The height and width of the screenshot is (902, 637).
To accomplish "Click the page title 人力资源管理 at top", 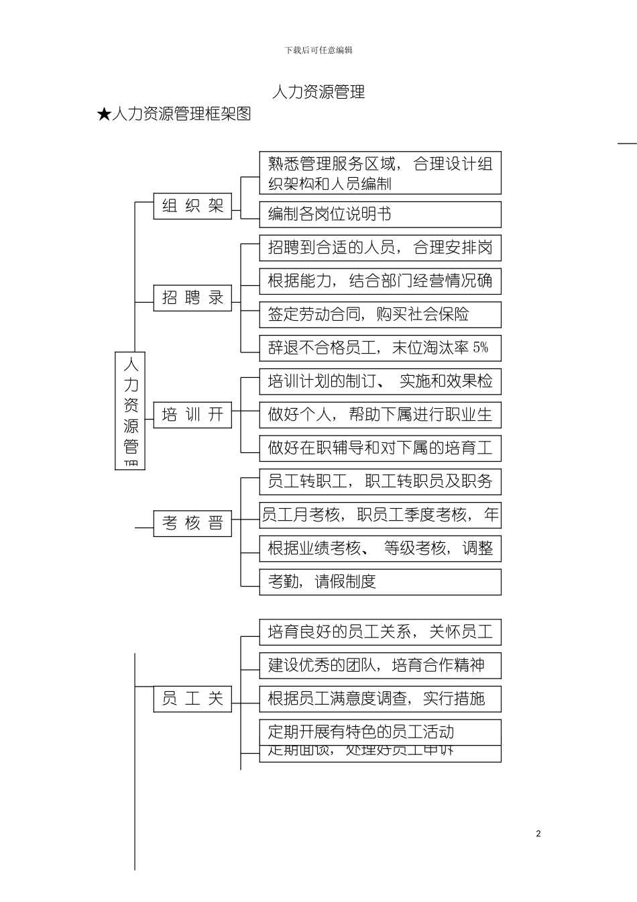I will (318, 92).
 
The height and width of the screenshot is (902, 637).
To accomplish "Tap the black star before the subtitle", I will (103, 115).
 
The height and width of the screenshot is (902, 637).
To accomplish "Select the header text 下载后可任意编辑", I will (318, 50).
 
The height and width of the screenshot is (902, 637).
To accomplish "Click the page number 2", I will (538, 834).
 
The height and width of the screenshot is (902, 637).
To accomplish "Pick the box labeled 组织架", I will (192, 206).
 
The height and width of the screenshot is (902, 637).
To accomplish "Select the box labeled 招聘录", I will (192, 297).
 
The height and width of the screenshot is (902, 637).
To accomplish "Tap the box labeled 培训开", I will (192, 415).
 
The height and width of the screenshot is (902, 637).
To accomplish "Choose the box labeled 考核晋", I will (192, 523).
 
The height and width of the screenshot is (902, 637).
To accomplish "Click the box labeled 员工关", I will (192, 699).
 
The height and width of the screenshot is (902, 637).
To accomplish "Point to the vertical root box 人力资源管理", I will (130, 410).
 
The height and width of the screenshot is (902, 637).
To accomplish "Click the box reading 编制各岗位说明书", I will (380, 214).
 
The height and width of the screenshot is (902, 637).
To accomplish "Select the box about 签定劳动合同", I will (380, 314).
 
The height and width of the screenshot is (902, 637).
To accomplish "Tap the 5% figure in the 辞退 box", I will (481, 348).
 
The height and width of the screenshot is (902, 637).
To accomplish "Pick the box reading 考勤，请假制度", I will (380, 582).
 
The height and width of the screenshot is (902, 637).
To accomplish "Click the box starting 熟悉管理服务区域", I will (380, 173).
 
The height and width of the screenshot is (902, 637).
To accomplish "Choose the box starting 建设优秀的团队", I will (380, 665).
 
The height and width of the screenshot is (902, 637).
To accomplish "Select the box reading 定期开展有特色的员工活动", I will (380, 732).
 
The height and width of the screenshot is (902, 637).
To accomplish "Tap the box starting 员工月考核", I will (380, 515).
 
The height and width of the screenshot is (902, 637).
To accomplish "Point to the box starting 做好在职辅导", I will (380, 448).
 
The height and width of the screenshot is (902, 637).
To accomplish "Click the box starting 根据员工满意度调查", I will (380, 699).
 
